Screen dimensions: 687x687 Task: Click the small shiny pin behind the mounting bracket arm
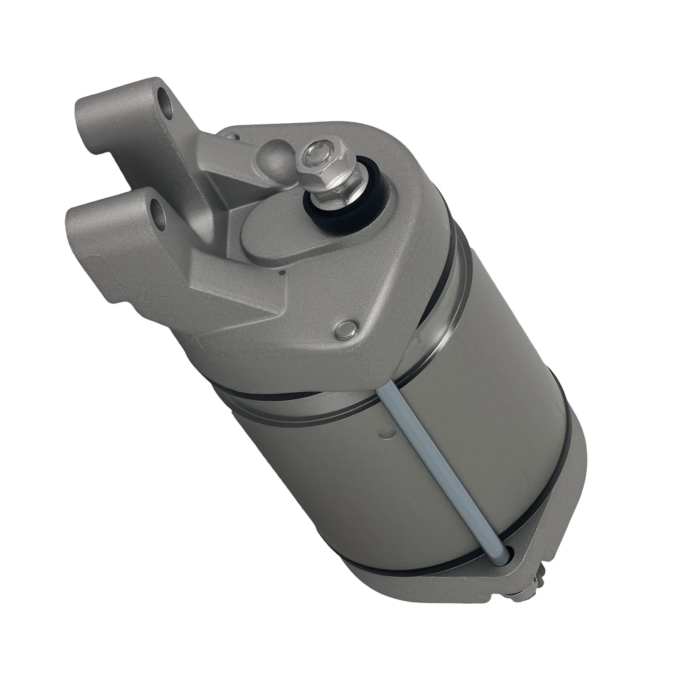(232, 137)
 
